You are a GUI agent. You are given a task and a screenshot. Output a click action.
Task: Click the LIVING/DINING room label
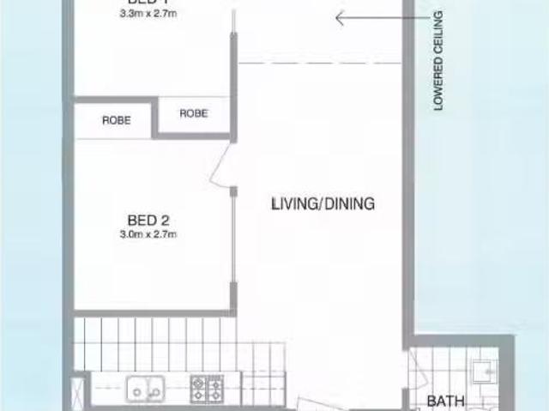click(x=323, y=204)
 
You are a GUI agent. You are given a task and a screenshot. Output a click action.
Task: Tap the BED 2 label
click(x=148, y=221)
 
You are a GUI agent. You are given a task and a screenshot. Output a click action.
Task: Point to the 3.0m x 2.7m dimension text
click(x=148, y=234)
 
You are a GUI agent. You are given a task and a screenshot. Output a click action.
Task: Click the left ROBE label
click(x=117, y=121)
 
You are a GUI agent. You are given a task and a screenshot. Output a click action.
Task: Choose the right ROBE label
click(x=194, y=113)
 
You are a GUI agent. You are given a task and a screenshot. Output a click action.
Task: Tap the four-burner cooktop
click(x=207, y=390)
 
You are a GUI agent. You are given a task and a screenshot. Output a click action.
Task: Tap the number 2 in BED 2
click(x=163, y=221)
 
